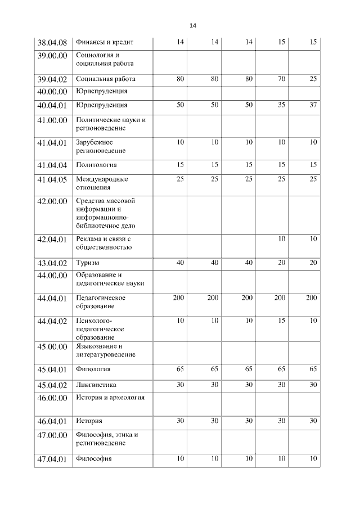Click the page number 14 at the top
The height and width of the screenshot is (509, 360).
click(192, 26)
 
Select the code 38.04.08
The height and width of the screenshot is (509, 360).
click(52, 43)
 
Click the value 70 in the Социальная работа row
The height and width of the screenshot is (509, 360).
click(281, 79)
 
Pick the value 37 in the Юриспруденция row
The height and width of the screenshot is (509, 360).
click(313, 105)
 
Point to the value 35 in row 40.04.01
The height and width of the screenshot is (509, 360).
click(281, 105)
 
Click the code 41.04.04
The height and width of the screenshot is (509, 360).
click(52, 165)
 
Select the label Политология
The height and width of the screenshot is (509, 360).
click(97, 165)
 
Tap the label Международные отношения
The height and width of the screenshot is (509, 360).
click(102, 183)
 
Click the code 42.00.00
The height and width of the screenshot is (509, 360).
click(52, 201)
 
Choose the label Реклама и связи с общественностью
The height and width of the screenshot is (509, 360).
click(104, 243)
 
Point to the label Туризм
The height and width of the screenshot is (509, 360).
click(88, 263)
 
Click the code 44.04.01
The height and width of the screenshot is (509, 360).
click(52, 298)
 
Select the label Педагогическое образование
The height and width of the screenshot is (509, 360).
click(101, 301)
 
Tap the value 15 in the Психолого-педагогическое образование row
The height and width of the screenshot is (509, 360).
click(281, 320)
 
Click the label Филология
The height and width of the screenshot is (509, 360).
click(93, 370)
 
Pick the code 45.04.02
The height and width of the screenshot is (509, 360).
click(52, 385)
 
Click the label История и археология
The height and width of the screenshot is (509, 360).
click(110, 398)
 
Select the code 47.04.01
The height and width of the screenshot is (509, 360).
click(52, 459)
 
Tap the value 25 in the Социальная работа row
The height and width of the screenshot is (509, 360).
click(313, 79)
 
